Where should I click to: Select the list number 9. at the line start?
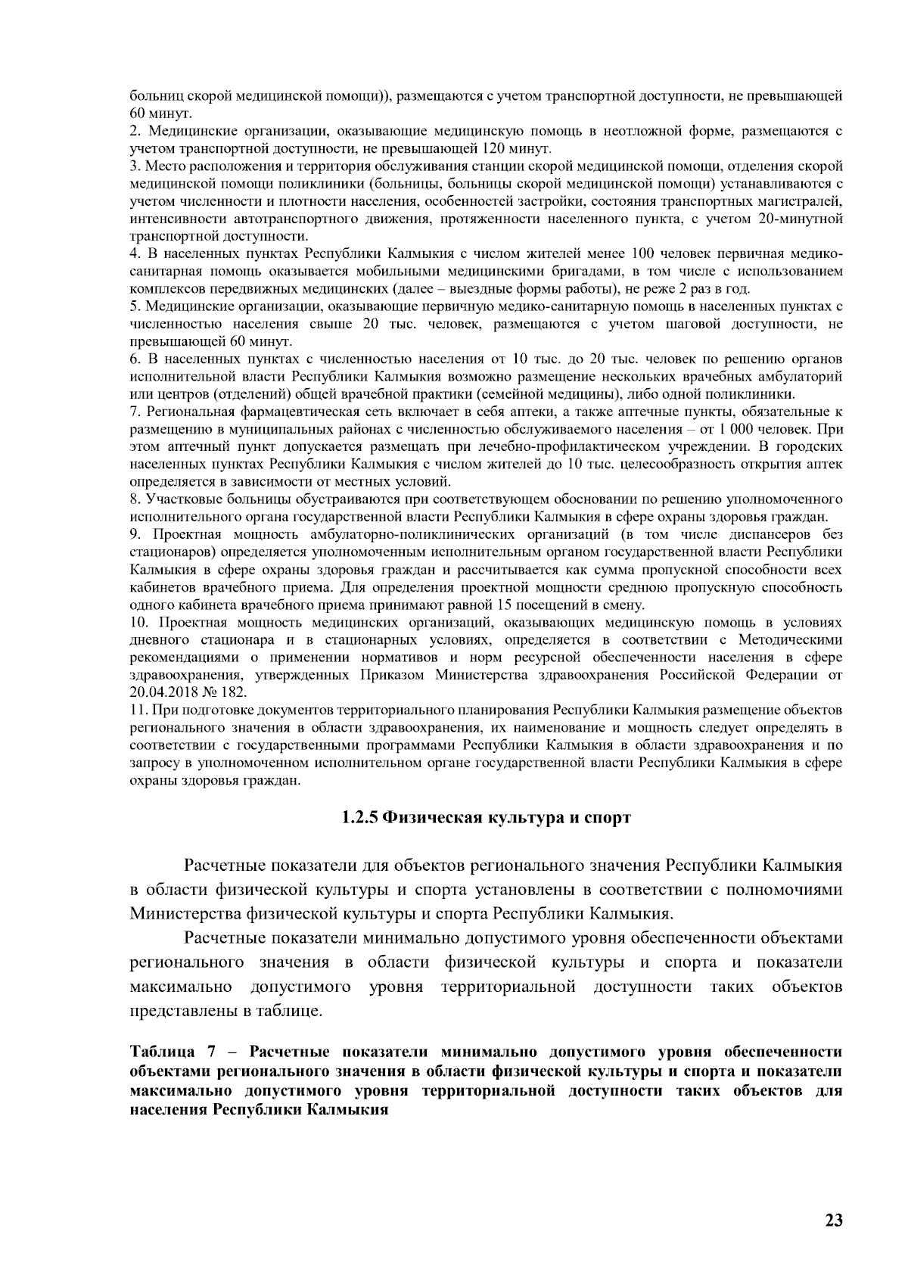tap(135, 535)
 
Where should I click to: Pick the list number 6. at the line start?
tap(135, 359)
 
